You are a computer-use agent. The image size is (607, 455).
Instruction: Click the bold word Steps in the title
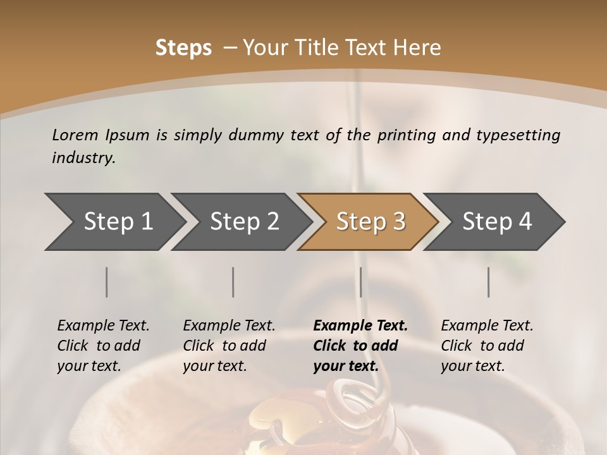click(183, 48)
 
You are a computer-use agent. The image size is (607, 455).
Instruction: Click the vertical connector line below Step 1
click(107, 282)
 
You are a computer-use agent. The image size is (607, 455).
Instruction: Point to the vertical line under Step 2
click(233, 282)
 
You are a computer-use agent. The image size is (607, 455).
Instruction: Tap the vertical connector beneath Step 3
click(360, 282)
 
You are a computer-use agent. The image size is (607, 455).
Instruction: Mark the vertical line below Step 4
click(489, 282)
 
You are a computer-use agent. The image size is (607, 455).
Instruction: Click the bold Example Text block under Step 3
click(360, 346)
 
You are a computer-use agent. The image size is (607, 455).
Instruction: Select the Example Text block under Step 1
click(104, 346)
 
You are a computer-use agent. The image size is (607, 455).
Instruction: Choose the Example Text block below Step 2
click(229, 346)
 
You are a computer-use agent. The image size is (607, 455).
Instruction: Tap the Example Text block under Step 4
click(487, 346)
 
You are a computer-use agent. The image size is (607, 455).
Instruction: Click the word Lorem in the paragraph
click(75, 135)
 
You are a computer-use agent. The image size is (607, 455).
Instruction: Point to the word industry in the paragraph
click(83, 158)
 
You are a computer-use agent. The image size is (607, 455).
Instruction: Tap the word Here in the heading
click(420, 48)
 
